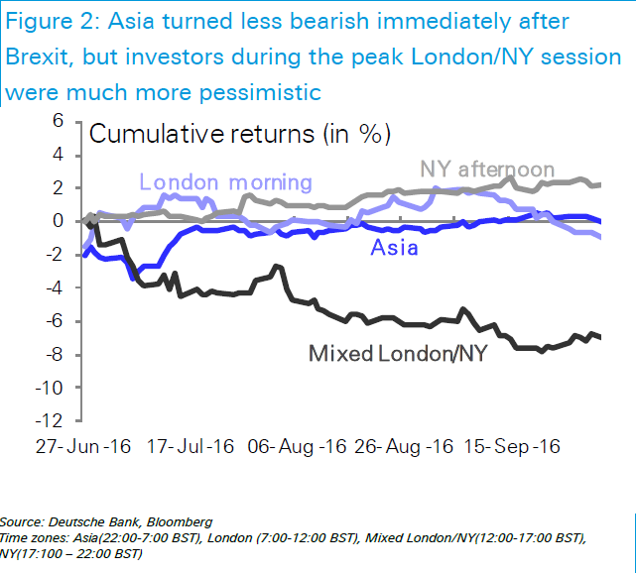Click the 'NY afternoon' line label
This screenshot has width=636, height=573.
click(x=487, y=170)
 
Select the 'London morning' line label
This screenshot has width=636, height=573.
click(x=226, y=182)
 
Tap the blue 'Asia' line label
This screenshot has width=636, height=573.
click(x=394, y=247)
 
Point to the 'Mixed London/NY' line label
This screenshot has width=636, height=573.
click(x=398, y=352)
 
